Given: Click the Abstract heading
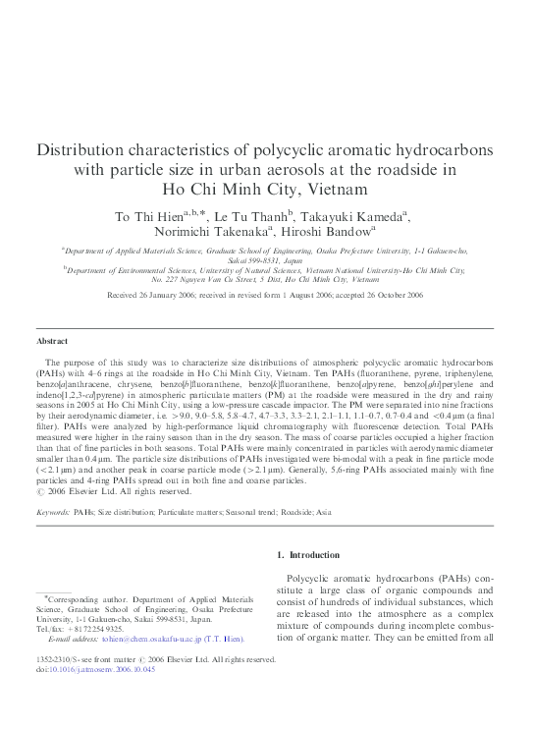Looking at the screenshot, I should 52,341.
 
